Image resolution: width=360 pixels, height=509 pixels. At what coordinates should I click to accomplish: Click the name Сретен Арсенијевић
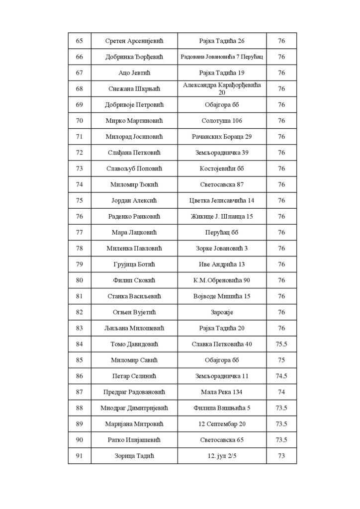coord(134,41)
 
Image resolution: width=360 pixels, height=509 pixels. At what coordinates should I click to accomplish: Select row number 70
coord(80,121)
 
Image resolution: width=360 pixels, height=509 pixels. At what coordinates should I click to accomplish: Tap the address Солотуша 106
coord(222,121)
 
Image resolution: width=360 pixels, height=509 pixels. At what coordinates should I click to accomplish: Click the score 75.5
coord(281,344)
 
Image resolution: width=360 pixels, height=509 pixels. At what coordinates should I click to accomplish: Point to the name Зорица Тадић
coord(134,456)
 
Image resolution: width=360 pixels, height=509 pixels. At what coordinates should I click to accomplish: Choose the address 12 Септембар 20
coord(222,424)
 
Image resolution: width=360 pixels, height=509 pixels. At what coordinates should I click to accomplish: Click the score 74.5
coord(281,376)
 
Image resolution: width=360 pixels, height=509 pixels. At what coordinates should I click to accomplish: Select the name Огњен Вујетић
coord(134,312)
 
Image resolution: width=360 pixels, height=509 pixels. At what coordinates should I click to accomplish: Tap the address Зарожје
coord(222,312)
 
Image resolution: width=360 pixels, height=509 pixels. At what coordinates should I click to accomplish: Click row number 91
coord(80,456)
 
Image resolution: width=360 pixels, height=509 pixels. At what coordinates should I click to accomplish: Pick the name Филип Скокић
coord(134,280)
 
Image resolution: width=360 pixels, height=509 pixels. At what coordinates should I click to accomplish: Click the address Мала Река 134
coord(222,392)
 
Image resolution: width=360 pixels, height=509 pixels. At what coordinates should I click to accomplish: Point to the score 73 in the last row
coord(281,456)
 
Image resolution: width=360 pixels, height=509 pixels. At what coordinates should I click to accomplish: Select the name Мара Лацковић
coord(134,232)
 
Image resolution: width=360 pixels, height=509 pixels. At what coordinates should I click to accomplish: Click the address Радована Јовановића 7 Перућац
coord(222,57)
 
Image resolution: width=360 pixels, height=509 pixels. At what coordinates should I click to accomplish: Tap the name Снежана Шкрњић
coord(134,88)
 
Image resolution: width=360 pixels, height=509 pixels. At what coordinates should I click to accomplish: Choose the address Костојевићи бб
coord(222,169)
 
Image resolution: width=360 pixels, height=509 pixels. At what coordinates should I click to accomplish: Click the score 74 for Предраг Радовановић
coord(281,392)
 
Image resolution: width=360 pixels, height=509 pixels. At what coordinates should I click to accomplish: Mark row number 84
coord(80,344)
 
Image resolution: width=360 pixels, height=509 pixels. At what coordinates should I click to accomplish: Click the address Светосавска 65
coord(222,440)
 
